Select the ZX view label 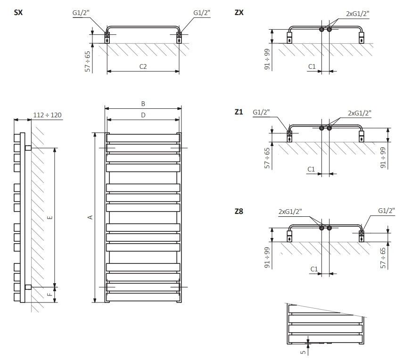point(239,13)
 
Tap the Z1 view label point(239,112)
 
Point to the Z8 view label point(239,212)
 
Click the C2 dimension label point(143,66)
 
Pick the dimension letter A point(90,217)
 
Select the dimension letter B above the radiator point(143,104)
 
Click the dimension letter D point(143,115)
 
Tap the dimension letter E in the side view point(50,217)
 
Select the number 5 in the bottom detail point(303,351)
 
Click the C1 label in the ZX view point(312,66)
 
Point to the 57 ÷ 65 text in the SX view point(87,61)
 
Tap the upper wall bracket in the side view point(28,148)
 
